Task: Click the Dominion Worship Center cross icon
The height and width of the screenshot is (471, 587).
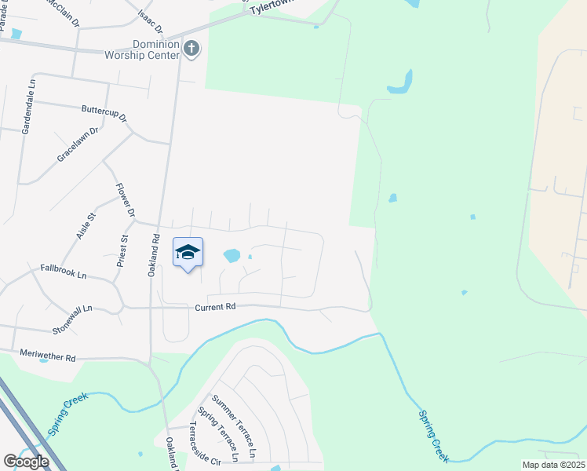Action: pos(191,49)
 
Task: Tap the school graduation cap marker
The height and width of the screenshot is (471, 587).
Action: pos(188,252)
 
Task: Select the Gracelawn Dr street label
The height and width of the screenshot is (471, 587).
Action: pos(78,145)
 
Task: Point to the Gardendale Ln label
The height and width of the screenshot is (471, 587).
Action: pos(27,106)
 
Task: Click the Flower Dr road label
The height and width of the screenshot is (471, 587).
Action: pos(126,200)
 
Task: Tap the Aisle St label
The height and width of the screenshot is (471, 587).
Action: pos(86,226)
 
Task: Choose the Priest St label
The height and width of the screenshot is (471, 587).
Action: pos(122,251)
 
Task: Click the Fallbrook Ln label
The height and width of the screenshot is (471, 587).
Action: pos(63,272)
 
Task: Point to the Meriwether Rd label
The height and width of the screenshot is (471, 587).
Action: pos(48,356)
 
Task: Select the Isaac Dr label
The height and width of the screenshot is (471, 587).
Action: pos(149,21)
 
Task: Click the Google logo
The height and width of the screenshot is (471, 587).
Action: pos(26,462)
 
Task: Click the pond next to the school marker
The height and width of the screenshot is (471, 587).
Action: pos(232,255)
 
